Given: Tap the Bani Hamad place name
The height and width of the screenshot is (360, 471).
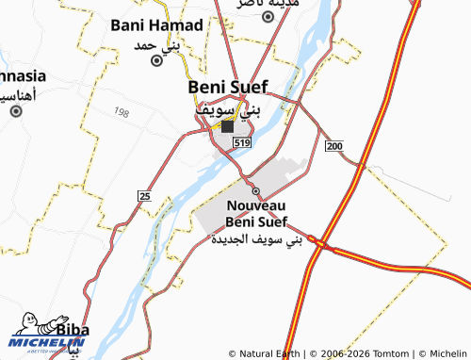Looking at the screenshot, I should (154, 26).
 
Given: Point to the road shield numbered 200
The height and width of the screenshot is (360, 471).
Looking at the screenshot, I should (334, 146).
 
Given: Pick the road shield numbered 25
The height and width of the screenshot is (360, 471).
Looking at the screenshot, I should (144, 195).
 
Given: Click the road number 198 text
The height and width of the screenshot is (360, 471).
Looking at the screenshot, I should (121, 113).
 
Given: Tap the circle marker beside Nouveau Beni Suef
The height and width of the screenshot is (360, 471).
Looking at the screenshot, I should (254, 190).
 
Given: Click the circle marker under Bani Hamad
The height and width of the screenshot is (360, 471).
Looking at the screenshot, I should (157, 59).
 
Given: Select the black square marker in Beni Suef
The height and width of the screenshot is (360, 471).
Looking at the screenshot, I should (228, 125).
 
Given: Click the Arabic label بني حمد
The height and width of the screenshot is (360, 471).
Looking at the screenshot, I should (170, 44).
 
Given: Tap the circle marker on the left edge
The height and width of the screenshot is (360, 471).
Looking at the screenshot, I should (16, 111).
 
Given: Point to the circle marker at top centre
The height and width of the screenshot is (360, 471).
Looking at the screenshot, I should (268, 16).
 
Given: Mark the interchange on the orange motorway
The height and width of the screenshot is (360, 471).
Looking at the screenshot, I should (322, 245).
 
